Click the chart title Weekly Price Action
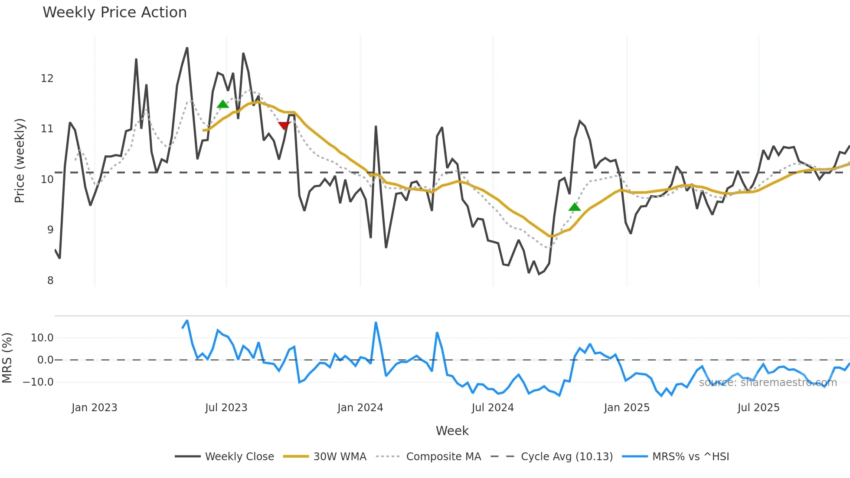pos(114,13)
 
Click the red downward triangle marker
pos(284,126)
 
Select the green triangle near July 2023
pos(222,104)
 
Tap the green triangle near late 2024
pos(574,207)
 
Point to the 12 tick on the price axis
pos(47,79)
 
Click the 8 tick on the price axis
pos(50,281)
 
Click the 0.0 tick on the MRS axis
pos(45,360)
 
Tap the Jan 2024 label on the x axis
pos(360,408)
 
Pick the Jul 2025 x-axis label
pos(758,408)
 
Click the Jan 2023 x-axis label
pos(94,408)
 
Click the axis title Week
pos(452,431)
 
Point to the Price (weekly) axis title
pos(20,160)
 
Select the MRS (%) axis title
pos(7,358)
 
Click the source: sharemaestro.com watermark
pos(768,383)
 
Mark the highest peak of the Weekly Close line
pos(187,48)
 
